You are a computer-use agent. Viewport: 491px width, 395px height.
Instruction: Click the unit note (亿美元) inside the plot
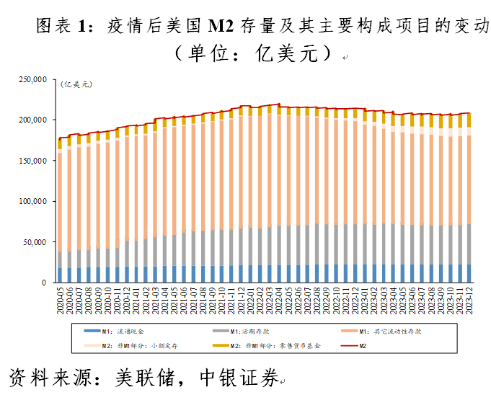coord(77,85)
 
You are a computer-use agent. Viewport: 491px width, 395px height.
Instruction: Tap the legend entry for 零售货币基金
coord(267,345)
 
